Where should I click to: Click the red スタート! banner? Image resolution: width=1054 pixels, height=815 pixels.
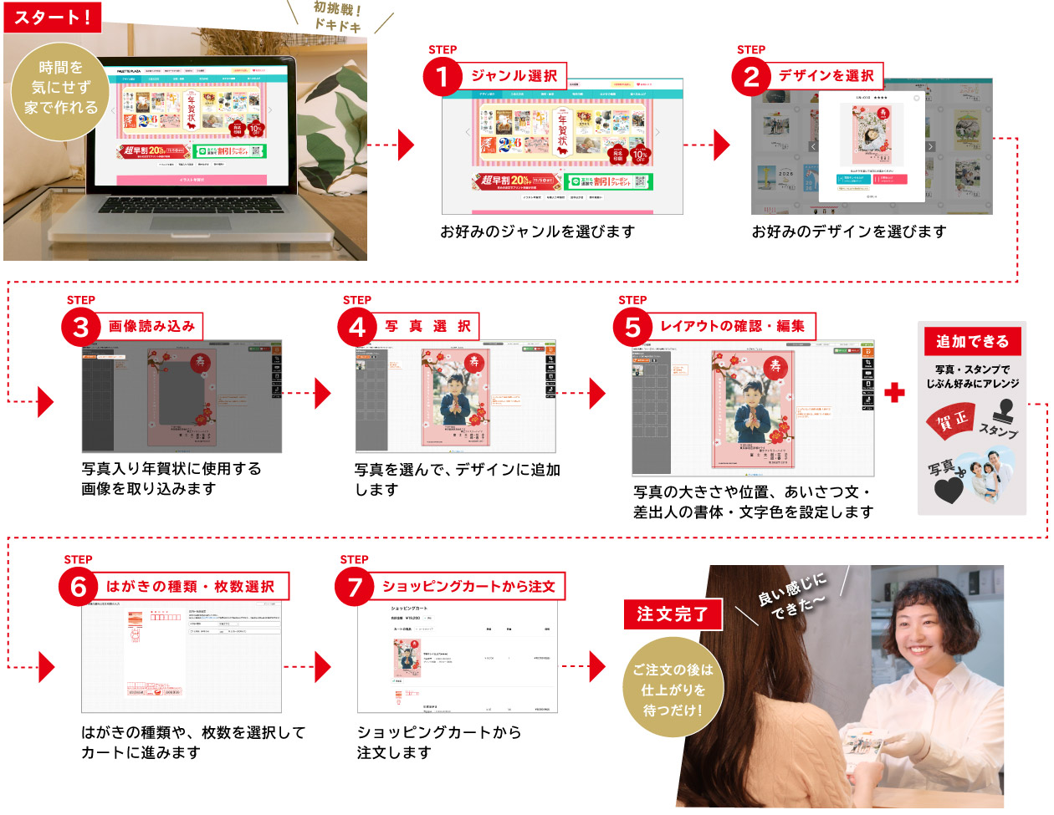52,17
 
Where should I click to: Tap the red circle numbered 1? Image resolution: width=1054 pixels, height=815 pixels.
443,78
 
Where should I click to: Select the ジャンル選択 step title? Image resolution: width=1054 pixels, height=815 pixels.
514,75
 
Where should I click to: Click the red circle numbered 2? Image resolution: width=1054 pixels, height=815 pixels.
751,78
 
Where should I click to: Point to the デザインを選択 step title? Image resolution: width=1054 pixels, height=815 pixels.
826,75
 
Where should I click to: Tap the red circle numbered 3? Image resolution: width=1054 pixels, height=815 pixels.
81,327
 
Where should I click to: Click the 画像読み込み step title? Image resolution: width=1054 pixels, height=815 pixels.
152,326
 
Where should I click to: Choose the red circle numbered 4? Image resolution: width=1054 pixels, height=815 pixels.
357,327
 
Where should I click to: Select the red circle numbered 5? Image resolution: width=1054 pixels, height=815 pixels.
633,327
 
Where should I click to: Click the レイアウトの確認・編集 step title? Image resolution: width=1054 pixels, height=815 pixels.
732,326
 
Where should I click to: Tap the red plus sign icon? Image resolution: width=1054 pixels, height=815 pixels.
894,392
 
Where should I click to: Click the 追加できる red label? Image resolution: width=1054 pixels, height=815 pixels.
972,341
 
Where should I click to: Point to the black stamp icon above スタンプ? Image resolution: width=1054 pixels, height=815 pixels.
1002,410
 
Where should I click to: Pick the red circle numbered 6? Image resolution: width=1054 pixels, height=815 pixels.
79,587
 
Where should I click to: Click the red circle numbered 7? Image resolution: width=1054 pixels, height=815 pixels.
355,587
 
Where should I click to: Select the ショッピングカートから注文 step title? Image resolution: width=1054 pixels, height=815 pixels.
468,586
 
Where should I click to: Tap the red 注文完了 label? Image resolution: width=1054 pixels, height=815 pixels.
672,614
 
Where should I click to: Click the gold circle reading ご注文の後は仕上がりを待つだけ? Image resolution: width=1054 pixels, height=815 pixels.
673,689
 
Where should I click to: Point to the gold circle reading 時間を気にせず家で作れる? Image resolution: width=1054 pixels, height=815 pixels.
60,88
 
